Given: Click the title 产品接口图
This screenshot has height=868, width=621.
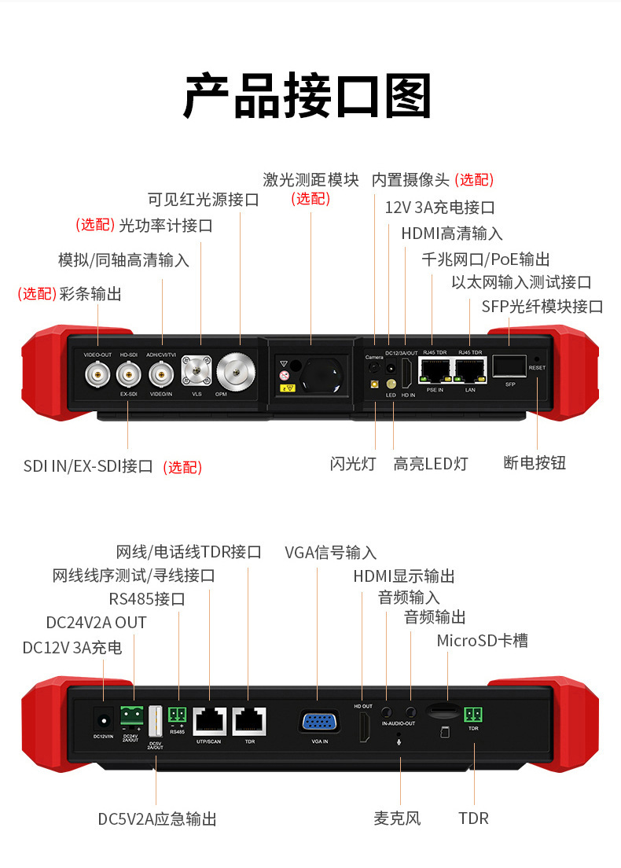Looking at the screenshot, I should tap(308, 97).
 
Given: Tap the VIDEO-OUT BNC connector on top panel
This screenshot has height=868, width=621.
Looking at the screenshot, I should tap(97, 376).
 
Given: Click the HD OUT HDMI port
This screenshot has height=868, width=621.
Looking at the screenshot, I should tap(363, 726).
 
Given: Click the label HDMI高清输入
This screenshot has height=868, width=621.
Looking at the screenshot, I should tap(451, 234).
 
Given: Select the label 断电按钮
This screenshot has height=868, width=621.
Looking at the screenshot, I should tap(535, 462).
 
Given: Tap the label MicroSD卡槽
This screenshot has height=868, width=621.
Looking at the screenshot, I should tap(482, 641).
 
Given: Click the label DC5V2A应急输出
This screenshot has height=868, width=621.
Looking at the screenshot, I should tap(157, 818).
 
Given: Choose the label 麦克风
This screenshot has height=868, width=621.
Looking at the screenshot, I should tap(397, 818).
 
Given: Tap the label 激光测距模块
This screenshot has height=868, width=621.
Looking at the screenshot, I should tap(310, 180).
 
